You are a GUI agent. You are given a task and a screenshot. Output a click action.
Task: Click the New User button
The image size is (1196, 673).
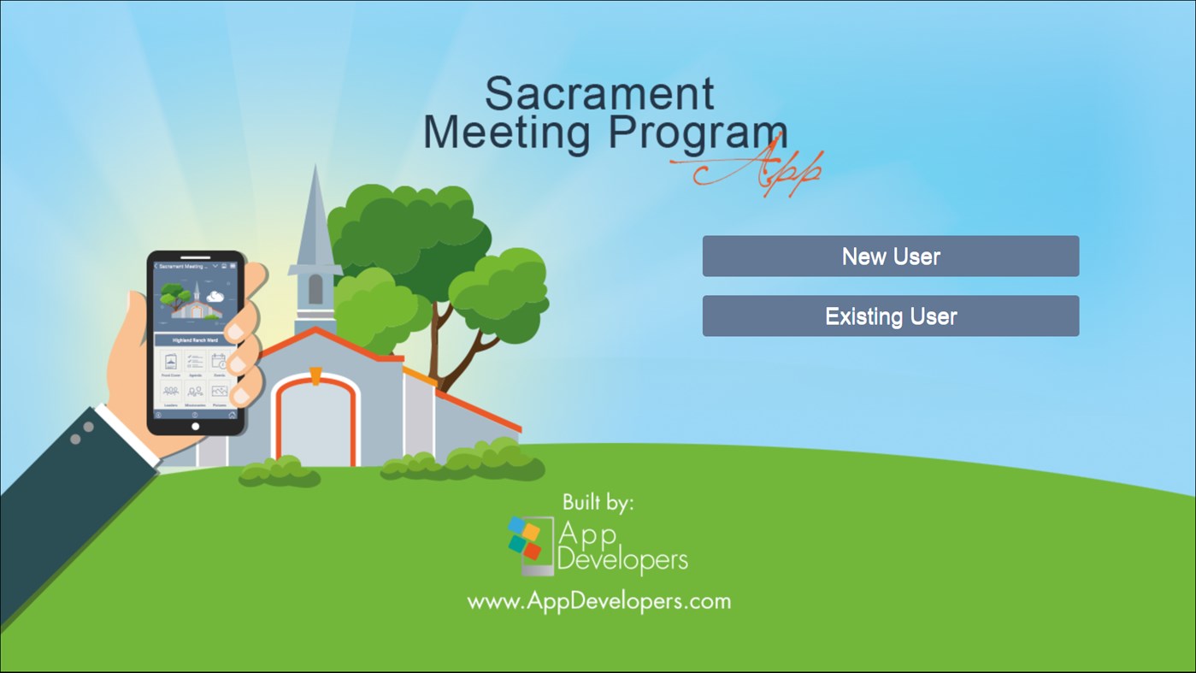[890, 257]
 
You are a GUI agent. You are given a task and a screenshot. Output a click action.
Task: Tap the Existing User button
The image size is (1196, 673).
[890, 316]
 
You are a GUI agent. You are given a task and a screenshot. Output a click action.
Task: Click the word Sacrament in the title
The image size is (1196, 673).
[599, 94]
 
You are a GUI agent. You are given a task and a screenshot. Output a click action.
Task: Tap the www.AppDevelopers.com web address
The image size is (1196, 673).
[598, 601]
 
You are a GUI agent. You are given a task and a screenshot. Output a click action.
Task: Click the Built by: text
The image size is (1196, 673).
[598, 503]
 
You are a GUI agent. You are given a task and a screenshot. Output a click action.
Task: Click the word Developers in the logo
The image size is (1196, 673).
[622, 561]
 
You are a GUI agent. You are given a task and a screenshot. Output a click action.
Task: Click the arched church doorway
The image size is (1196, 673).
[315, 423]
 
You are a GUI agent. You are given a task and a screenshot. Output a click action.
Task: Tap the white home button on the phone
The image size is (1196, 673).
[196, 426]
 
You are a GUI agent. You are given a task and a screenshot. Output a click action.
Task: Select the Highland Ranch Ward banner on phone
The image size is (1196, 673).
[196, 340]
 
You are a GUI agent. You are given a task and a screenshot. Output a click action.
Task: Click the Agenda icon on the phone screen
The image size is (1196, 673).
[196, 363]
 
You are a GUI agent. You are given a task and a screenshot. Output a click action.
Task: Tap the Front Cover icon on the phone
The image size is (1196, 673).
[171, 363]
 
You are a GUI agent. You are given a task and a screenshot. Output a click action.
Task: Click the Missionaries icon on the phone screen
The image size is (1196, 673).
[196, 393]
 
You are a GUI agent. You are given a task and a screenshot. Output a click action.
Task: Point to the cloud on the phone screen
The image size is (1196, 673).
[215, 297]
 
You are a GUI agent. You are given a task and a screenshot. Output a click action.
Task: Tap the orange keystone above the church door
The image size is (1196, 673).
[315, 375]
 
